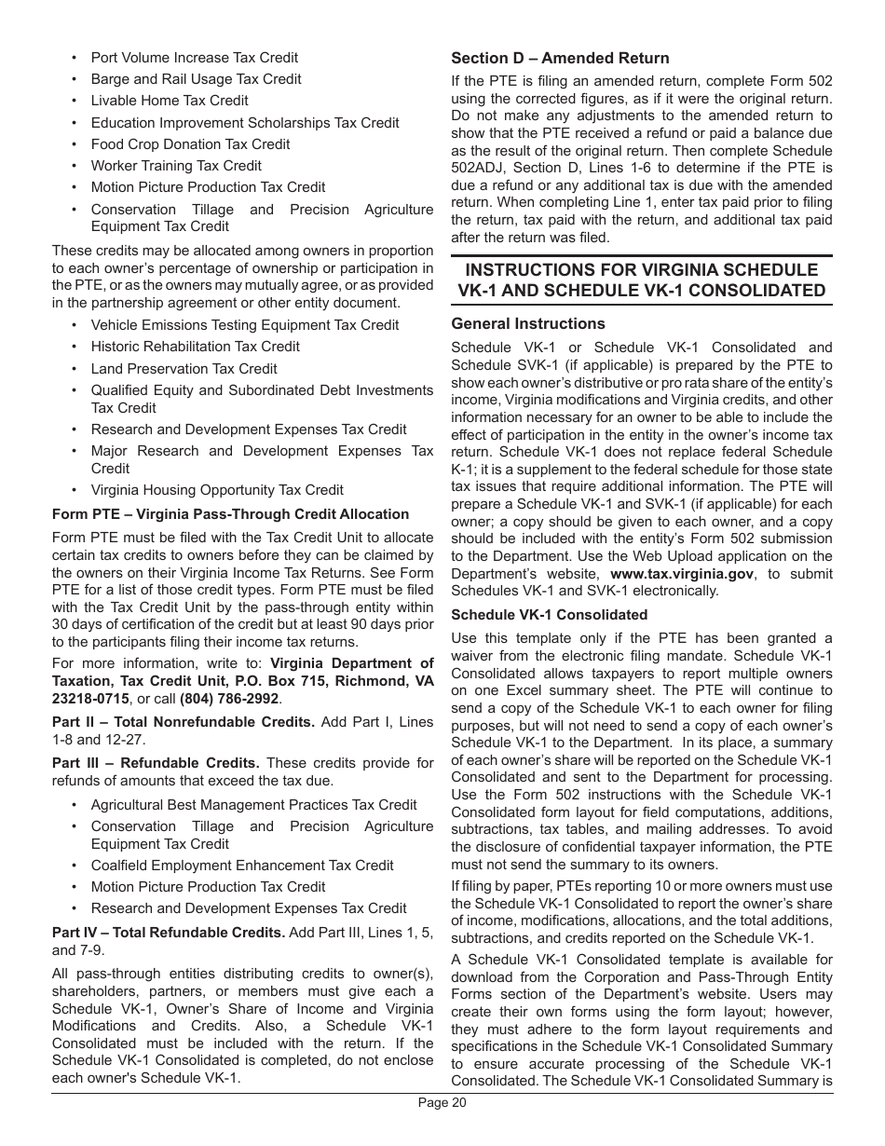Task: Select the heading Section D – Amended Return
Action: [560, 59]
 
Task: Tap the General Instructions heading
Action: [528, 324]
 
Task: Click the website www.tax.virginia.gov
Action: [681, 574]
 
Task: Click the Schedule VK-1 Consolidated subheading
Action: [549, 615]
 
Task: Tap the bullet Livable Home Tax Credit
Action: [170, 101]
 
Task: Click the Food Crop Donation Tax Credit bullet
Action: [190, 144]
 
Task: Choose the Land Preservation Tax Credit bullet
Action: [184, 369]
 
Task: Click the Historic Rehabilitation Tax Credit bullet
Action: [195, 347]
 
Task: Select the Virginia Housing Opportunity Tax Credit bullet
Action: [217, 490]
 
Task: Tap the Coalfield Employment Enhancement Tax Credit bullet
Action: [242, 866]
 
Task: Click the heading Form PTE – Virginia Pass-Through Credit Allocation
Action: [230, 514]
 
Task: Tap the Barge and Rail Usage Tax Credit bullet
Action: [196, 79]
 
